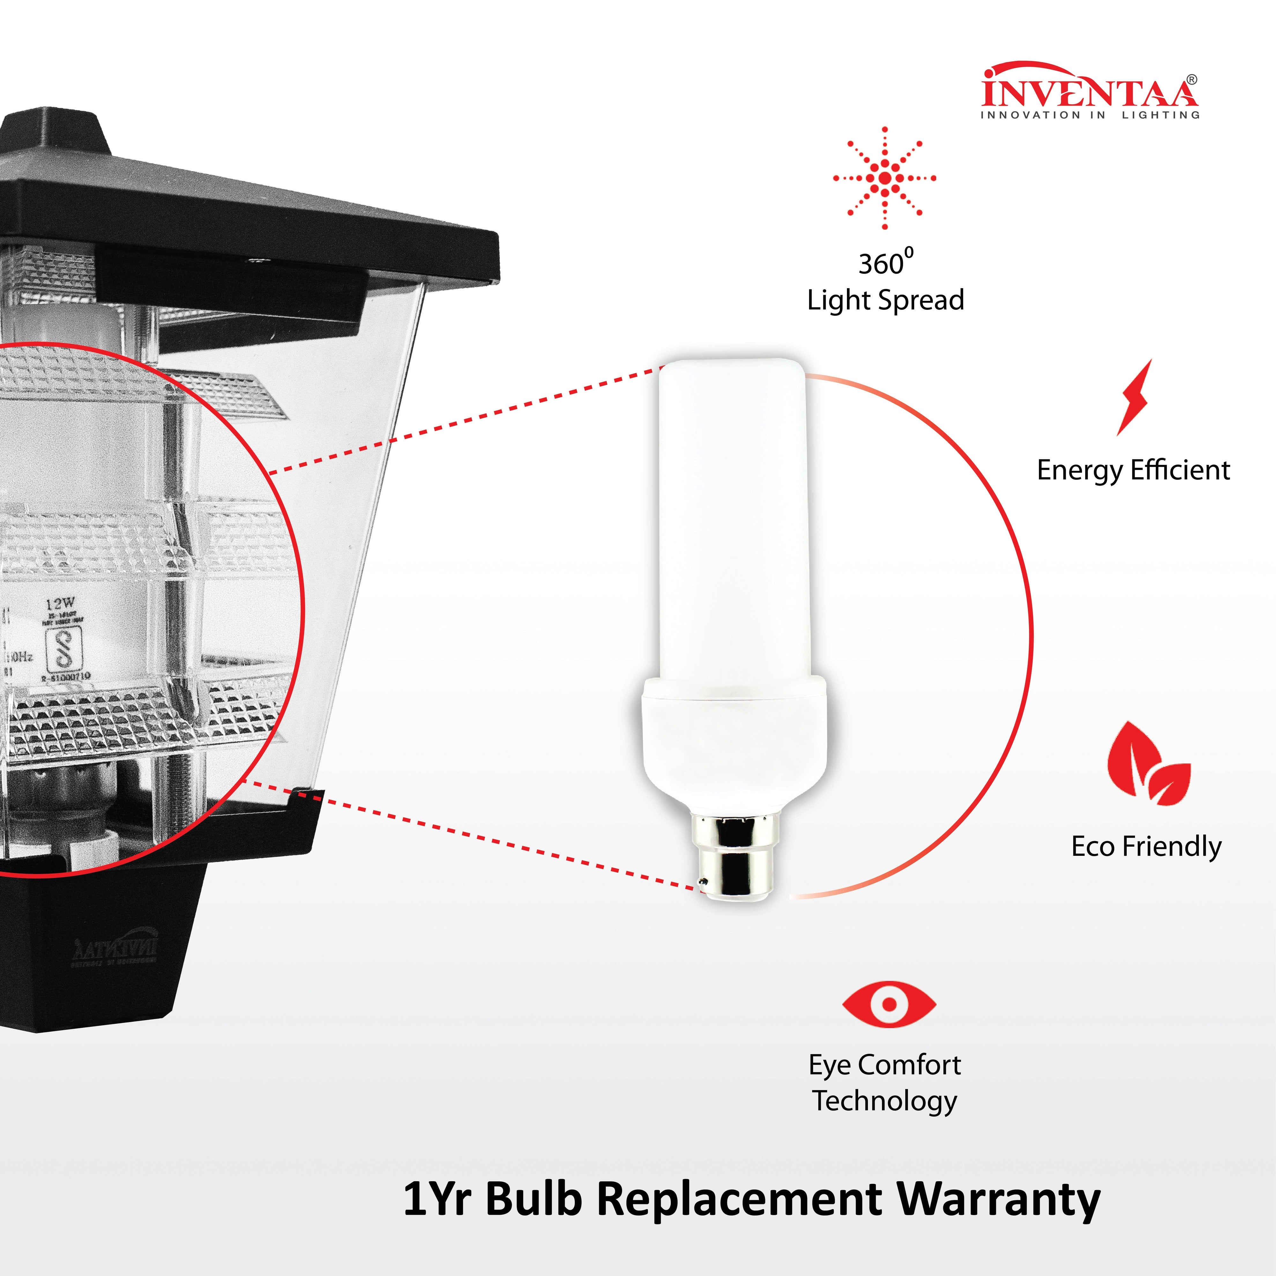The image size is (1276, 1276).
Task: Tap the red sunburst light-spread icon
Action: (x=884, y=178)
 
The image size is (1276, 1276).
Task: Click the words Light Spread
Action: (x=885, y=300)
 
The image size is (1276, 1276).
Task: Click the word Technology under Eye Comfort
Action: (x=884, y=1101)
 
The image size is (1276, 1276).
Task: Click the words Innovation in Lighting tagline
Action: (x=1089, y=115)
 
